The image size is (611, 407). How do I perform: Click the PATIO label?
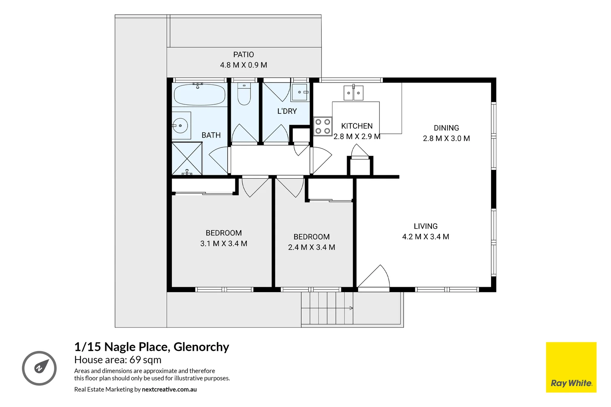[x=243, y=55]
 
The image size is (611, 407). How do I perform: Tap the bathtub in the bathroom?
[x=200, y=95]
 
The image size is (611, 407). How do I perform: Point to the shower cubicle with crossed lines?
[x=187, y=158]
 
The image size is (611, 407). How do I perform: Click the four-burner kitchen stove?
[x=322, y=127]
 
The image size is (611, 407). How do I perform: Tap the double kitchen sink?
[x=353, y=93]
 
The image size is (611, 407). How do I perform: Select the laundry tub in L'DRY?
[x=300, y=92]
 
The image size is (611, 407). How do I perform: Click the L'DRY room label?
[x=287, y=111]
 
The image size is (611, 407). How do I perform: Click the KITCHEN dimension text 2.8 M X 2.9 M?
[x=357, y=136]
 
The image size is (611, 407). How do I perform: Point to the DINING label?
[x=446, y=128]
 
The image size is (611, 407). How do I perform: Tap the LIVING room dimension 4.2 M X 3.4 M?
[x=425, y=237]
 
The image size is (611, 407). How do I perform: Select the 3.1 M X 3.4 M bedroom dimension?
[x=224, y=243]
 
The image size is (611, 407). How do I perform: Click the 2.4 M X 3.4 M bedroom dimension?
[x=312, y=247]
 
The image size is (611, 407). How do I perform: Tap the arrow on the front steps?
[x=351, y=308]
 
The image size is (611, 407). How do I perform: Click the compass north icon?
[x=39, y=368]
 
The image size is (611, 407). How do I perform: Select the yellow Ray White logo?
[x=571, y=367]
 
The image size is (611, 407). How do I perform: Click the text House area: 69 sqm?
[x=118, y=360]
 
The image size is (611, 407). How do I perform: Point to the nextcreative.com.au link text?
[x=169, y=389]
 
